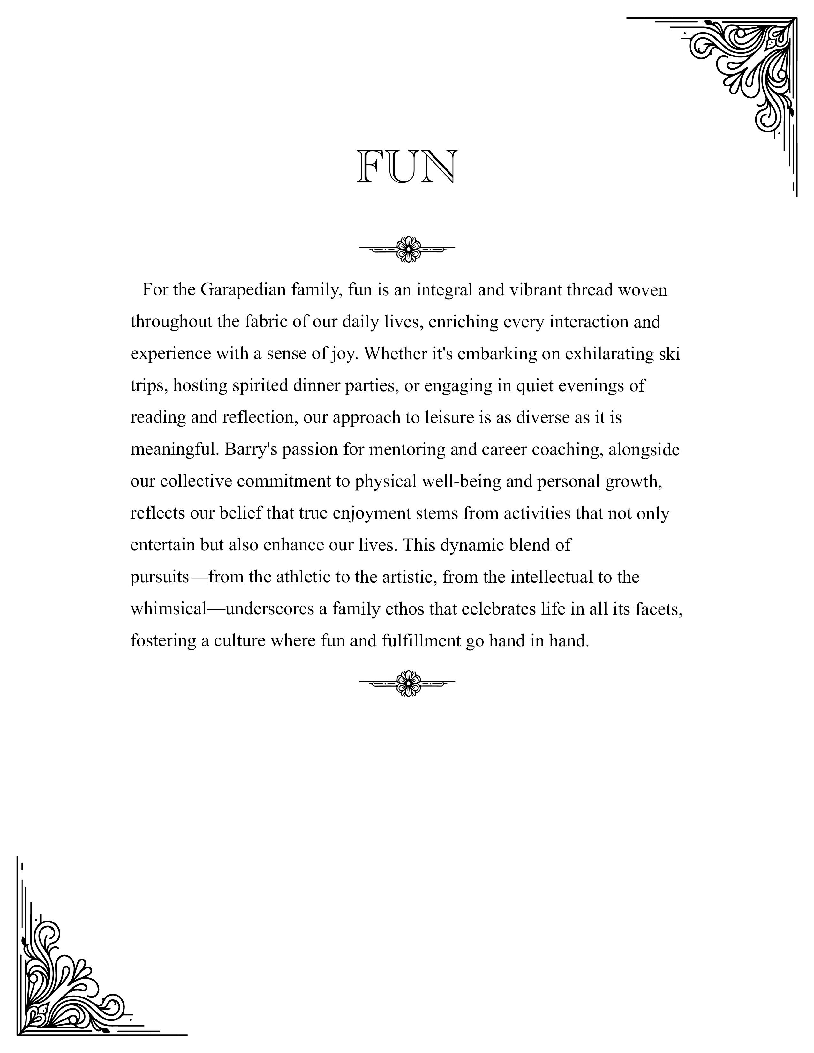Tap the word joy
point(343,354)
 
